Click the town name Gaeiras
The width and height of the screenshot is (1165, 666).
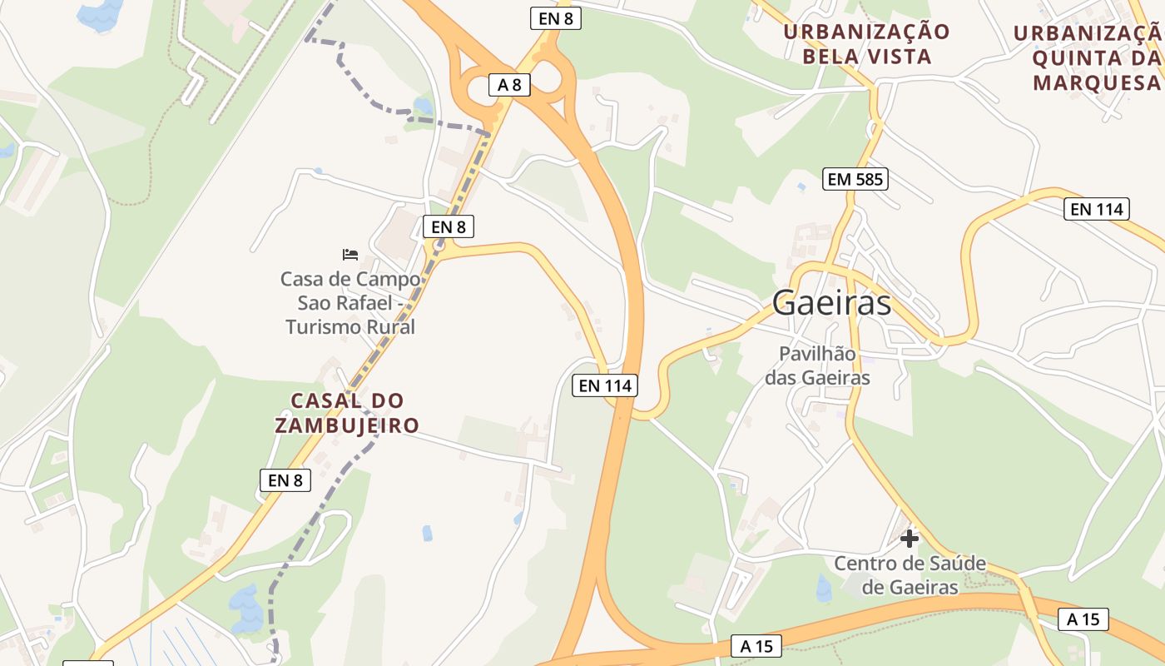coord(831,303)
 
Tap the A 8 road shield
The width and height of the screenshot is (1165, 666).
coord(509,84)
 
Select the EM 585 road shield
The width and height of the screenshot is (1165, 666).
coord(855,178)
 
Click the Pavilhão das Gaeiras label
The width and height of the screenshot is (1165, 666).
coord(817,365)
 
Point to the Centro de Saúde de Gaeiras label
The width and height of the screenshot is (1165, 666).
coord(910,575)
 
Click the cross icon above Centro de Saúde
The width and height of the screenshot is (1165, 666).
coord(910,539)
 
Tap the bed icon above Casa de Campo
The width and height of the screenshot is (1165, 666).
coord(350,254)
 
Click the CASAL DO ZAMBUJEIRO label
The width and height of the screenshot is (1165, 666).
coord(347,413)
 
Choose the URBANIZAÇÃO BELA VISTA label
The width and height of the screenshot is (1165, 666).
coord(866,44)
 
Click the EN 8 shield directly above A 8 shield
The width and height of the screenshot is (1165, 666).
coord(555,18)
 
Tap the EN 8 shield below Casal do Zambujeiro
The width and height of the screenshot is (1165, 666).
coord(285,480)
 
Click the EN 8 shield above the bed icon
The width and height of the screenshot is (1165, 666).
coord(448,226)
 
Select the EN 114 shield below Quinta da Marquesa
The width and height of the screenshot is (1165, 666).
coord(1097,209)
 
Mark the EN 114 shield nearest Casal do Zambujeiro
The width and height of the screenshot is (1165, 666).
coord(606,385)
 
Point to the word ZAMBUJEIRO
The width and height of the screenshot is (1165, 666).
coord(347,425)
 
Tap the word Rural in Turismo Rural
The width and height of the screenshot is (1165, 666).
coord(388,327)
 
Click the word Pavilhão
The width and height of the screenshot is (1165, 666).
coord(817,354)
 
